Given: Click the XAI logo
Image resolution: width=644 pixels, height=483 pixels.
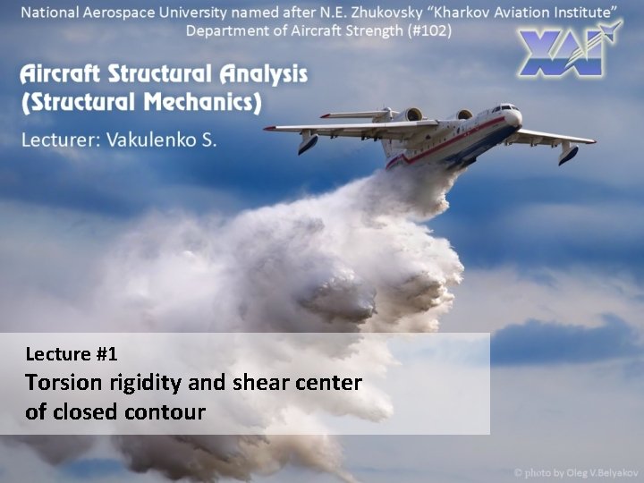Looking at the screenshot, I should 569,51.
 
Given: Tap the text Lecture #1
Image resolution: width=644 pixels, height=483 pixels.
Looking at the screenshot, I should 72,354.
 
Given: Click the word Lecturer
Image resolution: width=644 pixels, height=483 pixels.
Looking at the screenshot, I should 59,140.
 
